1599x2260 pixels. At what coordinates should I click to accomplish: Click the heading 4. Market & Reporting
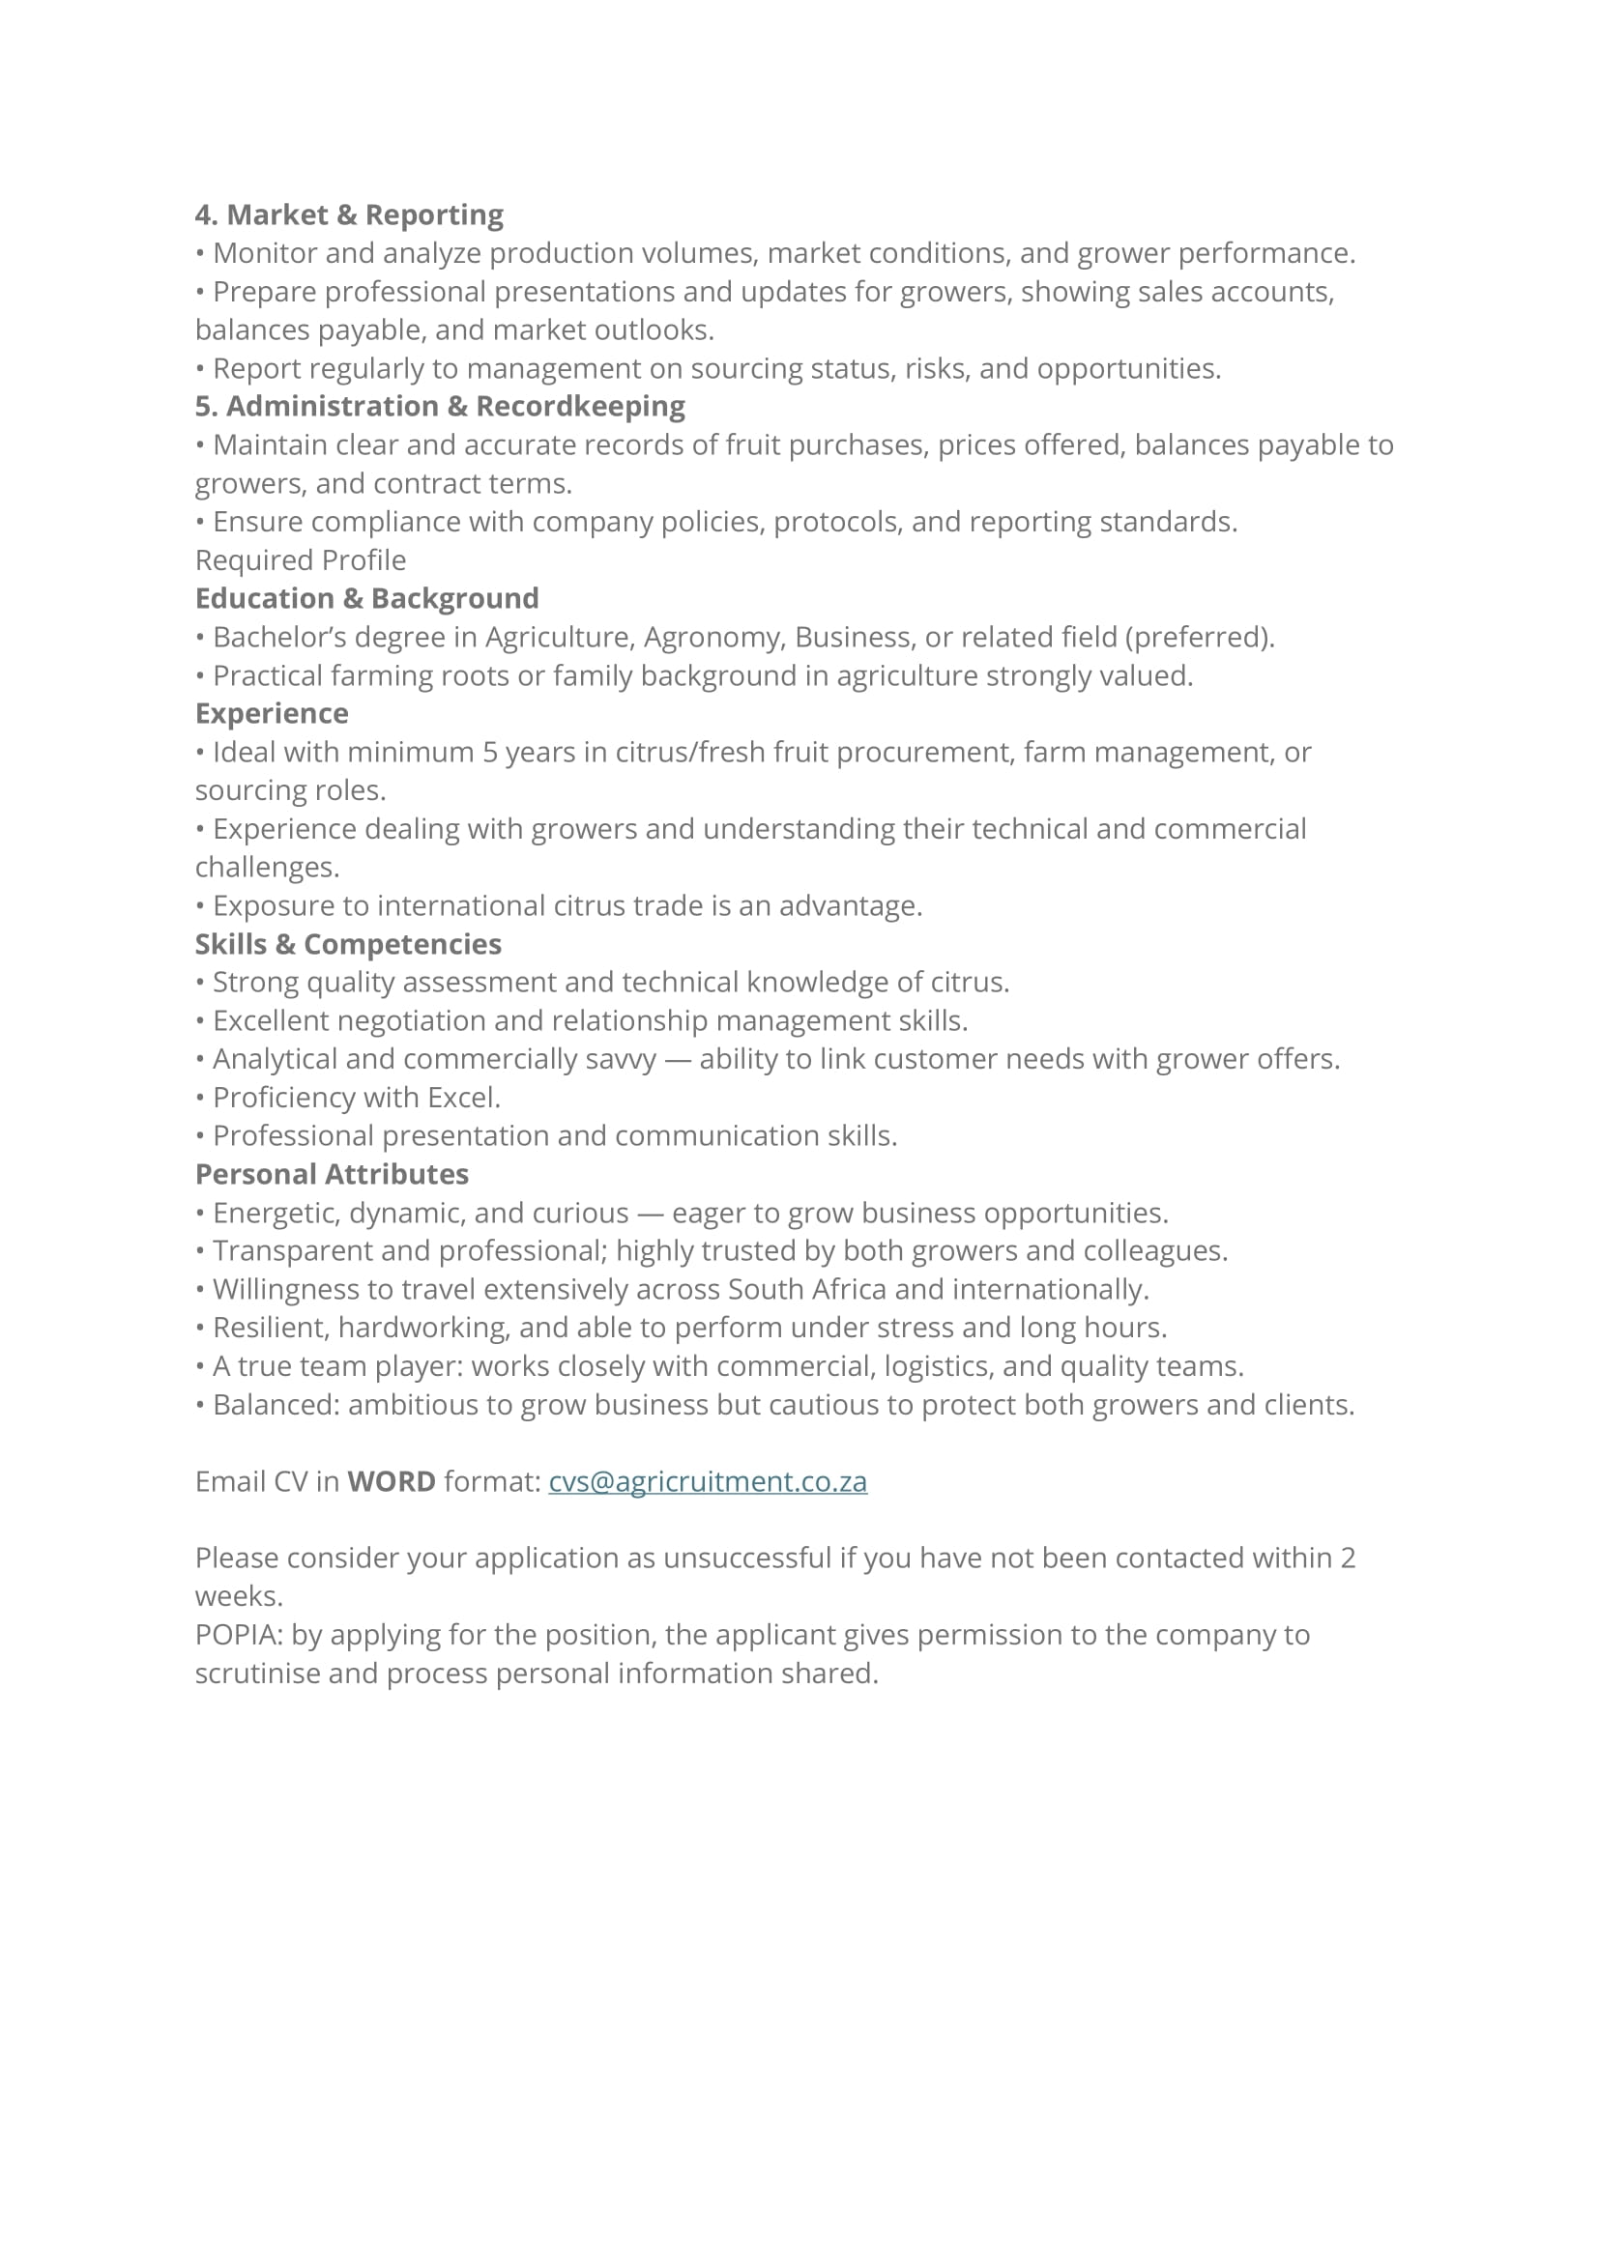(x=349, y=215)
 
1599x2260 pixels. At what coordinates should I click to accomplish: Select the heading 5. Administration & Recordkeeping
(x=439, y=406)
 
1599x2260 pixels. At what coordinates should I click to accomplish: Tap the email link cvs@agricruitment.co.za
(x=707, y=1481)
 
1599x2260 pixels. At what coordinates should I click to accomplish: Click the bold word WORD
(x=391, y=1481)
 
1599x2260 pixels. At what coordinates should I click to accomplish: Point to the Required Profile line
(x=301, y=560)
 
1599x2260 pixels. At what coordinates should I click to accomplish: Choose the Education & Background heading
(x=366, y=598)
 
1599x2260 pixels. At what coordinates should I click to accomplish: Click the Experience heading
(x=271, y=714)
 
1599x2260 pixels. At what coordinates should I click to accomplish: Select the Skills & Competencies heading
(x=348, y=944)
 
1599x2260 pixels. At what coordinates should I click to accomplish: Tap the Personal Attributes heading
(x=331, y=1174)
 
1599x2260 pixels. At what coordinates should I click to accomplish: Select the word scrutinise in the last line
(x=257, y=1674)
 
